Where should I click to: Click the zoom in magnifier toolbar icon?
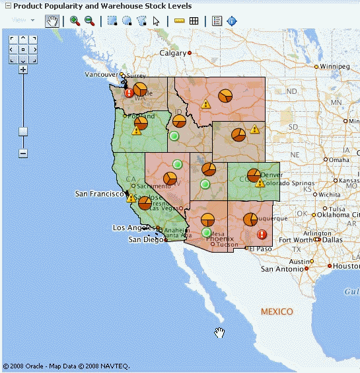coord(74,21)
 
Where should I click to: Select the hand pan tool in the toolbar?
coord(52,21)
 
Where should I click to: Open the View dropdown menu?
coord(23,21)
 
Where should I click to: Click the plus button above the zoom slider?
coord(23,69)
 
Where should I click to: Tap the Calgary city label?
coord(173,53)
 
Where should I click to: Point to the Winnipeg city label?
coord(335,67)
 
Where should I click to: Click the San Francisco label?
coord(98,194)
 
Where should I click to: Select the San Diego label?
coord(144,239)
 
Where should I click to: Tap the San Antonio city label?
coord(285,269)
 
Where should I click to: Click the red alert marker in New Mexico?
coord(262,234)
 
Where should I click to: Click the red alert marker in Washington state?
coord(129,93)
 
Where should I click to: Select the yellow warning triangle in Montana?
coord(206,104)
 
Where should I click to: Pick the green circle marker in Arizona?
coord(207,232)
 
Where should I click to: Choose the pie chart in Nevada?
coord(169,179)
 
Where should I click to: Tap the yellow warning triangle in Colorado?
coord(259,182)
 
